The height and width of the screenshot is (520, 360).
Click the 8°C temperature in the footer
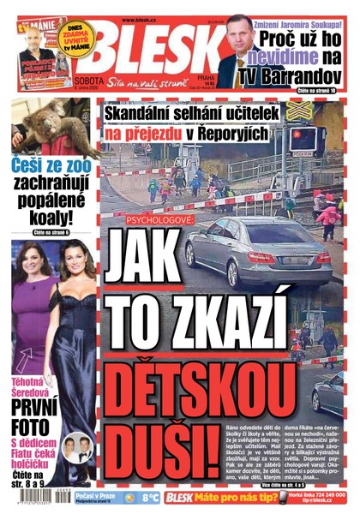[153, 496]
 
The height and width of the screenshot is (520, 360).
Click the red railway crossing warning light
[301, 135]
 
